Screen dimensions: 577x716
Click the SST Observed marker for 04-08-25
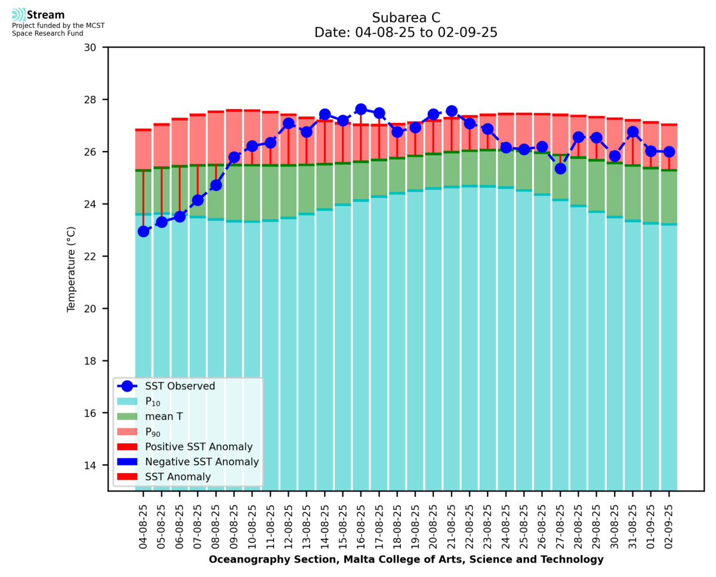143,231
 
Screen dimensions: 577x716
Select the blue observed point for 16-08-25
361,109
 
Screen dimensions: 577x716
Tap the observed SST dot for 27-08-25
560,168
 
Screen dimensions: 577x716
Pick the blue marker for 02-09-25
669,152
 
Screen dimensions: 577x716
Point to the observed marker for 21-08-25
452,111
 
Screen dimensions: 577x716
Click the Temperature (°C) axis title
72,269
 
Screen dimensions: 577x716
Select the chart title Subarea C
406,17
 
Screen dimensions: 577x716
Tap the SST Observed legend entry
180,386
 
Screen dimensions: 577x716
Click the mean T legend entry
163,416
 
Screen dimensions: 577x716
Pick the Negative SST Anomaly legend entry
202,462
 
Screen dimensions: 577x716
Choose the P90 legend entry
154,431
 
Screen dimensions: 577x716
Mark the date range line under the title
406,33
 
